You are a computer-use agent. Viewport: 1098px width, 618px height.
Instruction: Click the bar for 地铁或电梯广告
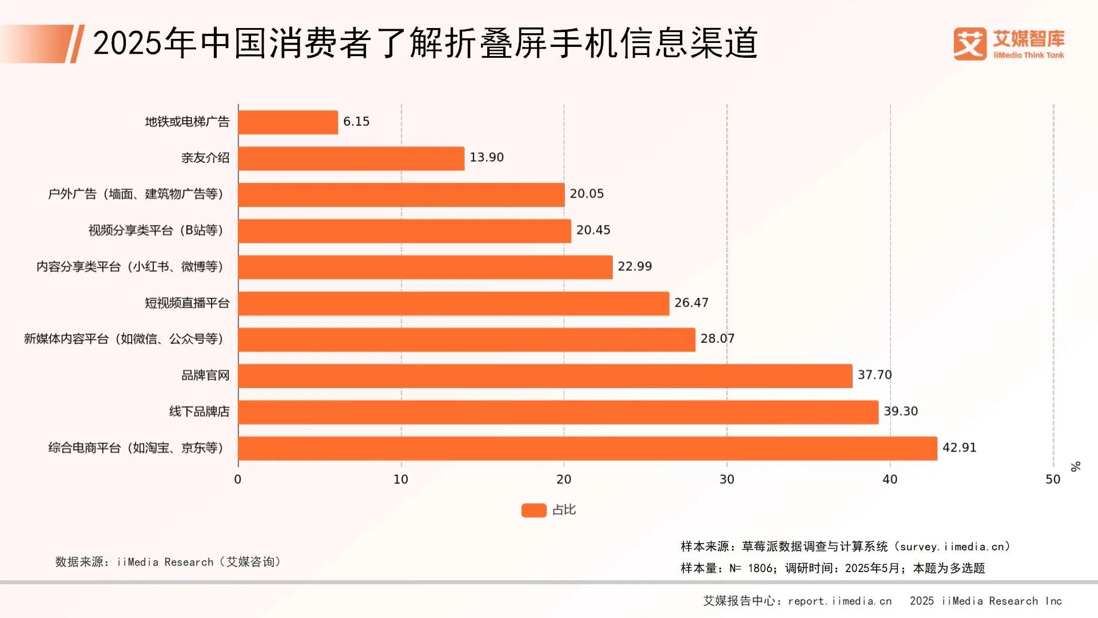288,122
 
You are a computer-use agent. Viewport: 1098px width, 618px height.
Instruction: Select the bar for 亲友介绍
351,159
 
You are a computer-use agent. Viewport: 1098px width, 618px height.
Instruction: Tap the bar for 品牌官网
545,376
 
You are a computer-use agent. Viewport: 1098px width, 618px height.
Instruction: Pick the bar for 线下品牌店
558,412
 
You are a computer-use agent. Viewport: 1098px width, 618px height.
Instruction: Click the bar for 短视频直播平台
453,303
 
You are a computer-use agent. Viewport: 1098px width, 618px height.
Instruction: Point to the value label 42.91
959,447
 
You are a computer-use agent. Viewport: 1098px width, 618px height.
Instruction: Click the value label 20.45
593,230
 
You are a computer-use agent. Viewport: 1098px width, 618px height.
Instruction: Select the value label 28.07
717,339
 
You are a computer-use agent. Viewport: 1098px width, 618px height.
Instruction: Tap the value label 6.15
356,121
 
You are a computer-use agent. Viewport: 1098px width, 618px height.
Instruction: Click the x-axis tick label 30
727,480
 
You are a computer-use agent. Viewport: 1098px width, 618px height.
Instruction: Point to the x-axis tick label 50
1053,480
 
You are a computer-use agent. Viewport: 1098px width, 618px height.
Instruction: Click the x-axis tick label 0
238,480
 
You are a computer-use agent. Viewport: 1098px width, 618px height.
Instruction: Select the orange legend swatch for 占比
534,510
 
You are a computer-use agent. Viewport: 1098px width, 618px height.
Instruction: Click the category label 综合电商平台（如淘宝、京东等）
136,448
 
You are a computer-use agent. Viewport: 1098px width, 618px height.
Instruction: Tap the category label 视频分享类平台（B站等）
156,231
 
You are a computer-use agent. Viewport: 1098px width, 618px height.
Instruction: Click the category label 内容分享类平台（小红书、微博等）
130,267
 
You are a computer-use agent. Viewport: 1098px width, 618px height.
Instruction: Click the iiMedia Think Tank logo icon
970,44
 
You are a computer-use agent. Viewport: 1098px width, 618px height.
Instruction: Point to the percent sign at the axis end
1076,466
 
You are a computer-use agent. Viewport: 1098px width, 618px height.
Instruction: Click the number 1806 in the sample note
760,568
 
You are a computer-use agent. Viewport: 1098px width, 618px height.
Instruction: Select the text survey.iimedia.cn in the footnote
952,546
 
